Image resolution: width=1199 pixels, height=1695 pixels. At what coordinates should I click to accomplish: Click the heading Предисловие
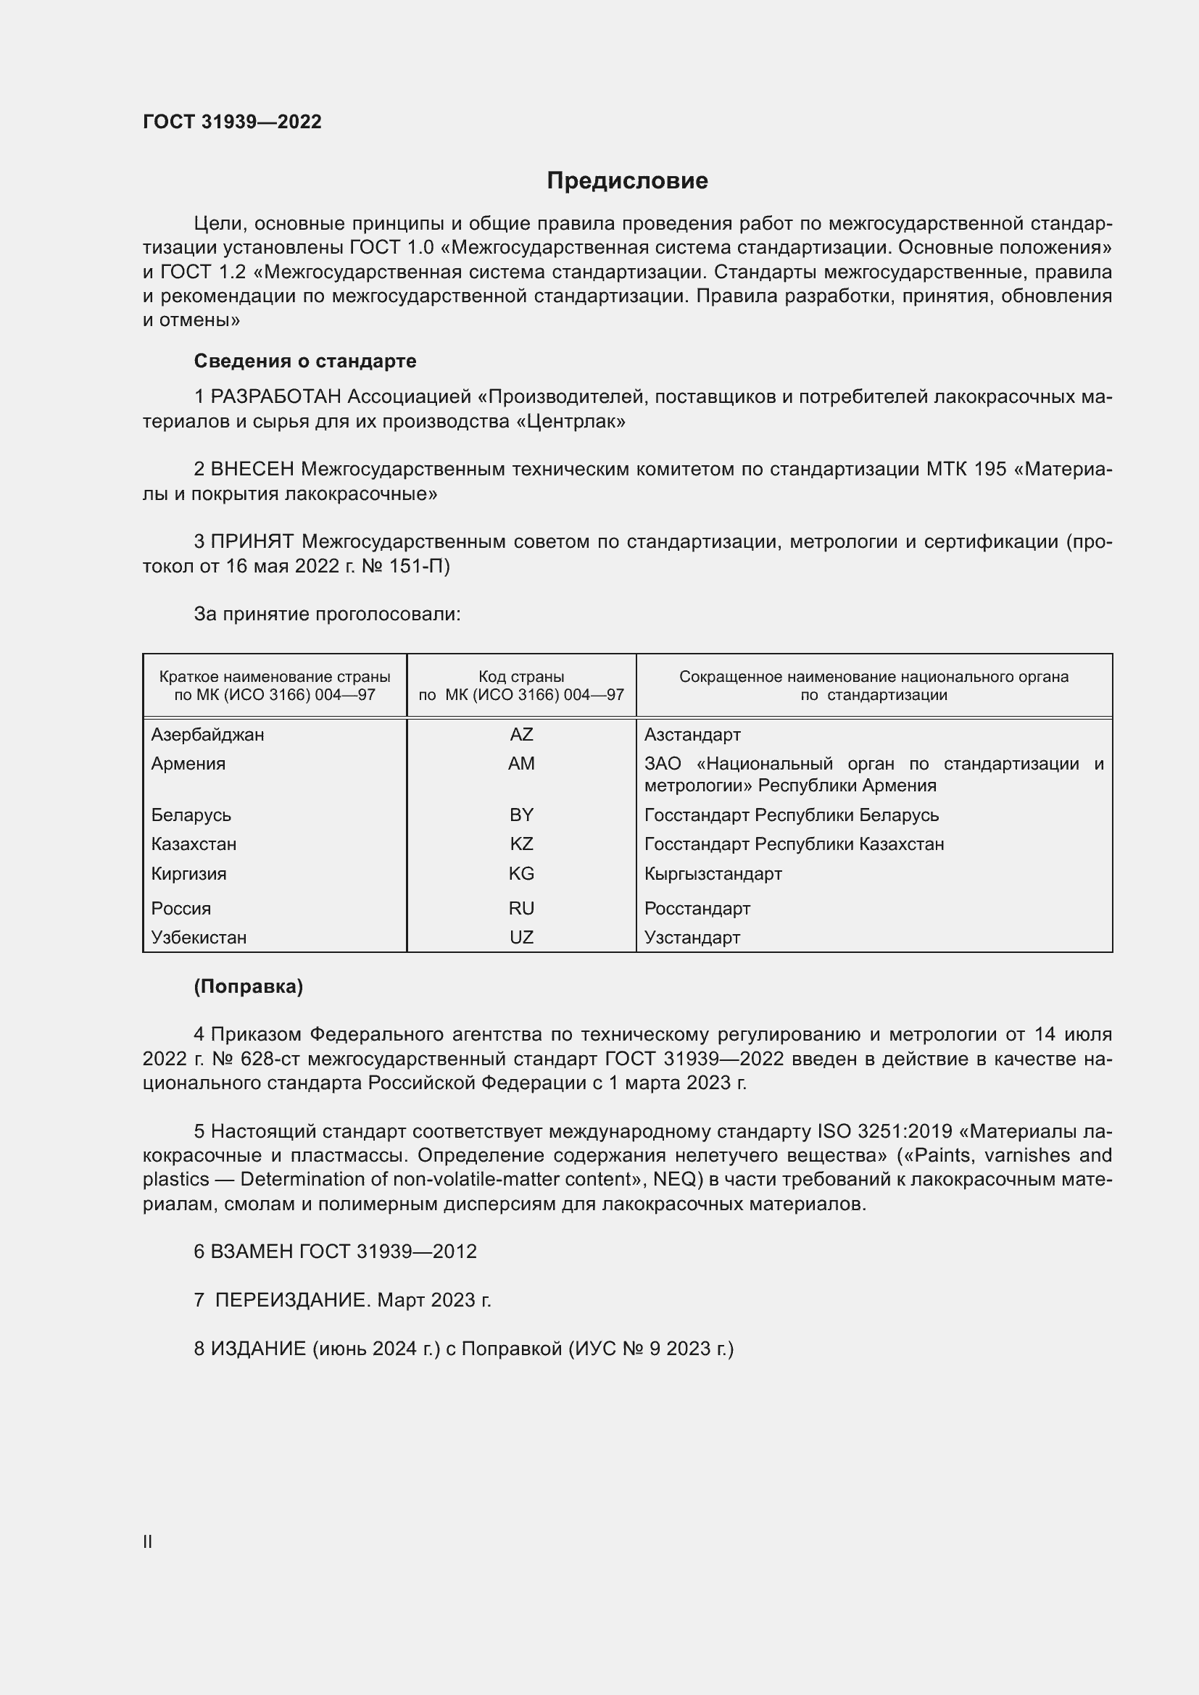tap(627, 181)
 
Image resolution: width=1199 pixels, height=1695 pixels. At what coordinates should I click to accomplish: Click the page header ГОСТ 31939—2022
tap(232, 122)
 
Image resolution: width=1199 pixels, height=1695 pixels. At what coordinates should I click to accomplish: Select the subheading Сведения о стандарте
tap(305, 361)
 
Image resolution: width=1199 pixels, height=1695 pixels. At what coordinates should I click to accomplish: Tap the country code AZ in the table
tap(521, 735)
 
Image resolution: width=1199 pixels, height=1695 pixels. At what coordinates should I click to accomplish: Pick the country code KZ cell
tap(521, 844)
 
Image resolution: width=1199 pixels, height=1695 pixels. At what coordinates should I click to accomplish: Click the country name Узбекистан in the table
tap(199, 938)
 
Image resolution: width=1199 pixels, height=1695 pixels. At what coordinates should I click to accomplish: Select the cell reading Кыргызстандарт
tap(713, 874)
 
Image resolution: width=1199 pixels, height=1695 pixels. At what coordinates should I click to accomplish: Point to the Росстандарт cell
tap(697, 909)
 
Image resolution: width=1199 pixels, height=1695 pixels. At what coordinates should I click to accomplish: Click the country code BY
tap(521, 815)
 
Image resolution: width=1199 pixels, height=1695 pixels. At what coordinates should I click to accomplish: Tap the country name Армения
tap(188, 763)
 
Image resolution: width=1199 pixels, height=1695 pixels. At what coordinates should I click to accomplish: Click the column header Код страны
tap(521, 676)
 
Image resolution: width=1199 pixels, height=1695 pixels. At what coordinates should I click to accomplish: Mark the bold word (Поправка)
tap(248, 987)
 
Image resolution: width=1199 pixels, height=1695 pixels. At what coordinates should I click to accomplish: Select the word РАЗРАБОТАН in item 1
tap(276, 397)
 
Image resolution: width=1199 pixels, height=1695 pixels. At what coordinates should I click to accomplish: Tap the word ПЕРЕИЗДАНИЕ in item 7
tap(291, 1300)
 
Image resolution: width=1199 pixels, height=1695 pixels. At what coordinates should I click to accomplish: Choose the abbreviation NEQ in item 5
tap(676, 1179)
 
